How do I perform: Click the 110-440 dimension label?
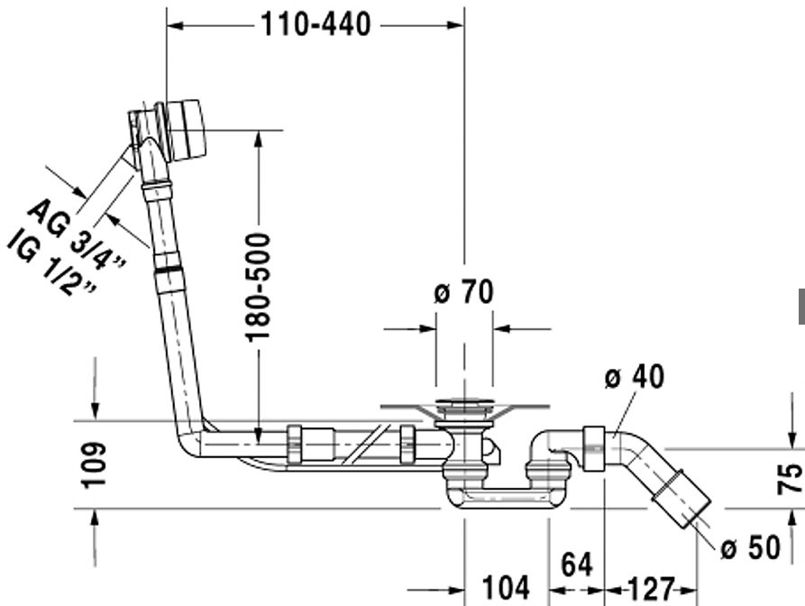click(x=316, y=24)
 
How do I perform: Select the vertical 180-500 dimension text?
click(x=257, y=287)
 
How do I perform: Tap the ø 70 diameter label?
click(x=464, y=291)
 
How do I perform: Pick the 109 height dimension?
click(x=94, y=464)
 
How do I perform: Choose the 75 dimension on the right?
click(x=789, y=479)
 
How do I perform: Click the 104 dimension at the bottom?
click(x=506, y=588)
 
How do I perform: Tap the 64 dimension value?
click(x=577, y=565)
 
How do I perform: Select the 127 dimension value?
click(x=651, y=589)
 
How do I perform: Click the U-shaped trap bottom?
click(x=506, y=498)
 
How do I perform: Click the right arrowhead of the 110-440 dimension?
click(x=455, y=24)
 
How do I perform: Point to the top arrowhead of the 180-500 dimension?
click(x=258, y=139)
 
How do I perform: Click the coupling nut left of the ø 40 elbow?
click(x=593, y=448)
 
